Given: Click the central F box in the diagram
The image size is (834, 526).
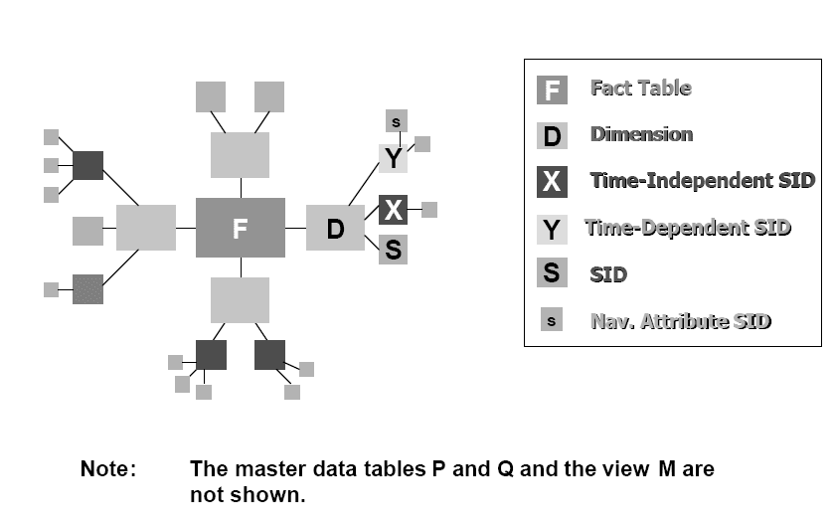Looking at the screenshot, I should click(240, 228).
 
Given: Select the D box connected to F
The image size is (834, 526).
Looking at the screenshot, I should click(335, 229).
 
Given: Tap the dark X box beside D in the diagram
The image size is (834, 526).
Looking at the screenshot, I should click(394, 210).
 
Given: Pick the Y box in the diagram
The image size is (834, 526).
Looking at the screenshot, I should click(394, 158).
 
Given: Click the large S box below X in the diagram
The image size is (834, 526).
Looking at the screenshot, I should click(394, 249).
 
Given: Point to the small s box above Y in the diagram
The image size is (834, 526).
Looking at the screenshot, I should click(396, 121).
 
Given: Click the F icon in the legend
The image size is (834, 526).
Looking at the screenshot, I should click(552, 89).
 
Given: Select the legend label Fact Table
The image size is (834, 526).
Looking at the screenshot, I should click(641, 88).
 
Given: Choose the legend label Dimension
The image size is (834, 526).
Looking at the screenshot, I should click(641, 134).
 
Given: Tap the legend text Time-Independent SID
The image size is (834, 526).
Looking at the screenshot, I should click(702, 181).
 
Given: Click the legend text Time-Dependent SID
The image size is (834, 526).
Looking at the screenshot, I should click(688, 228).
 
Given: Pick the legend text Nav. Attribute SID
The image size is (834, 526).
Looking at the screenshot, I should click(680, 321).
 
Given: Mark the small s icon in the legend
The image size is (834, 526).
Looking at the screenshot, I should click(552, 321).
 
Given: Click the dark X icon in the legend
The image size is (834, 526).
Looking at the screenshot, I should click(552, 182).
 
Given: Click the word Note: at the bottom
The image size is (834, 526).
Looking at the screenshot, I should click(107, 469).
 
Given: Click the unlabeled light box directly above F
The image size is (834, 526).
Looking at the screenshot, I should click(241, 155).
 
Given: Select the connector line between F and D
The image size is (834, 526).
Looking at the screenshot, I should click(295, 228).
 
